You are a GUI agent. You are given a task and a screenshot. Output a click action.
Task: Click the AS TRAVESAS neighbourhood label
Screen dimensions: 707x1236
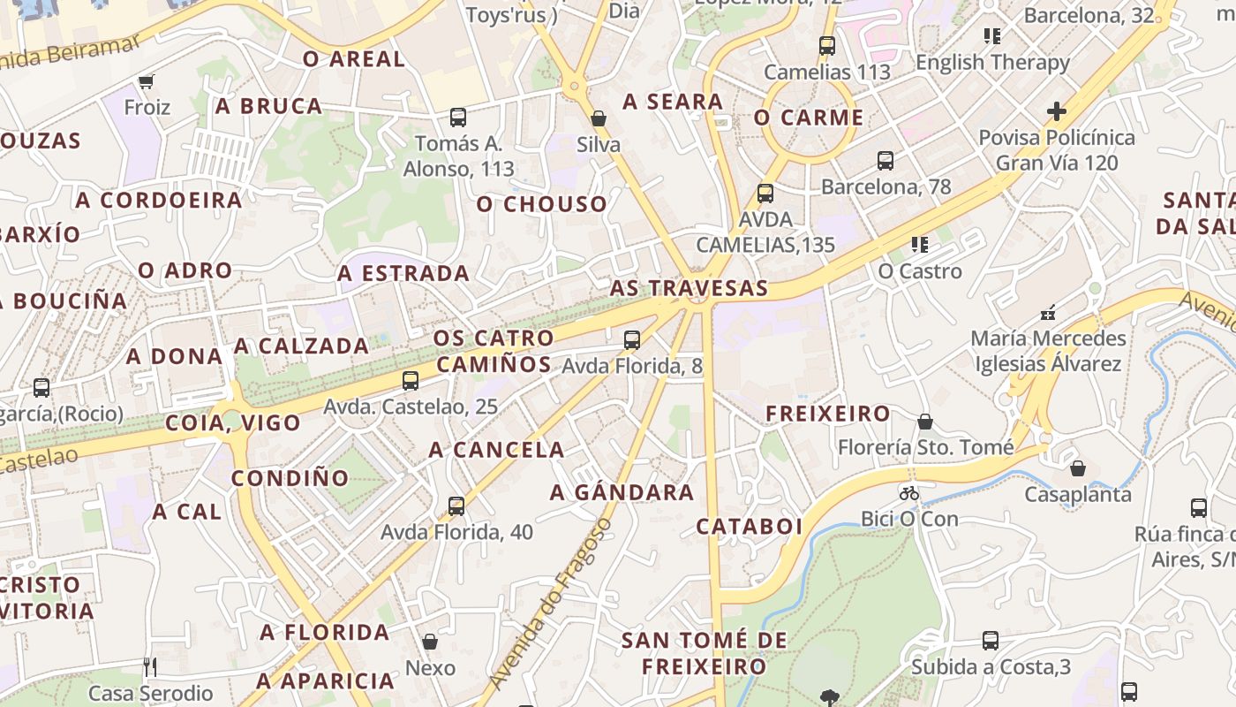[689, 288]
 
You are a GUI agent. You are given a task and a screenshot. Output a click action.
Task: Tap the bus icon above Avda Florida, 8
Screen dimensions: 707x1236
[631, 339]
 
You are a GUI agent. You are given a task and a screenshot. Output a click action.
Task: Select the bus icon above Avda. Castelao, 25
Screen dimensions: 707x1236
[411, 381]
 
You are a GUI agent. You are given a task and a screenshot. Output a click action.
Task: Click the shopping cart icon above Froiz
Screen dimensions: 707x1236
[147, 81]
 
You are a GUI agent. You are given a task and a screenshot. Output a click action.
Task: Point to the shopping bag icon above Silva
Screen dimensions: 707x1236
[599, 118]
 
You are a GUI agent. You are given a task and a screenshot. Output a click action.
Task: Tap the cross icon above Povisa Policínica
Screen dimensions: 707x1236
[1056, 111]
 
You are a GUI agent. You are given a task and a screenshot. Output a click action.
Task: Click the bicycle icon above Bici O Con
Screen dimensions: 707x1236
[909, 493]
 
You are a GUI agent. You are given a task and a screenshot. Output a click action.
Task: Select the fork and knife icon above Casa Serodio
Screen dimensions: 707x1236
[150, 666]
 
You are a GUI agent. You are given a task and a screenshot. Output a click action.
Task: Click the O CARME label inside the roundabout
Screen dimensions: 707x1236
[809, 118]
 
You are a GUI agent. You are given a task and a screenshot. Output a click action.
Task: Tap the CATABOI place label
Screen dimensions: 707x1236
[750, 527]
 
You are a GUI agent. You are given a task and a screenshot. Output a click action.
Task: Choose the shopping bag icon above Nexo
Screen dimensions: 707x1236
[430, 641]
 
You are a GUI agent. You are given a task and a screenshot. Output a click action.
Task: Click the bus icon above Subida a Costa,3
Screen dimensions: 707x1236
[991, 641]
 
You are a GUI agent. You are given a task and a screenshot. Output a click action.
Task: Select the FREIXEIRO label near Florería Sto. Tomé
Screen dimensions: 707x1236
[828, 414]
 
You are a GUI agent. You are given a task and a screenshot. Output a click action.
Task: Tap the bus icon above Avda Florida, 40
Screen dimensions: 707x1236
[456, 506]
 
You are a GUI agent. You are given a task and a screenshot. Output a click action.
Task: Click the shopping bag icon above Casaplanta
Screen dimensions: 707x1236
[1077, 468]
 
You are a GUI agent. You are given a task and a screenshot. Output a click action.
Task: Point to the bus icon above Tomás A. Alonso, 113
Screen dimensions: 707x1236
[457, 117]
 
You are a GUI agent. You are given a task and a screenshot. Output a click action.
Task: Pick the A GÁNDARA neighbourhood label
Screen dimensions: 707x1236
[622, 493]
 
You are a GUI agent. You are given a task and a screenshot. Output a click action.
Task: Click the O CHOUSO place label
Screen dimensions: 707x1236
[542, 204]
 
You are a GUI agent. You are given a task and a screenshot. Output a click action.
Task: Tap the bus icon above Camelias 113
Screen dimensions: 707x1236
[827, 46]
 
